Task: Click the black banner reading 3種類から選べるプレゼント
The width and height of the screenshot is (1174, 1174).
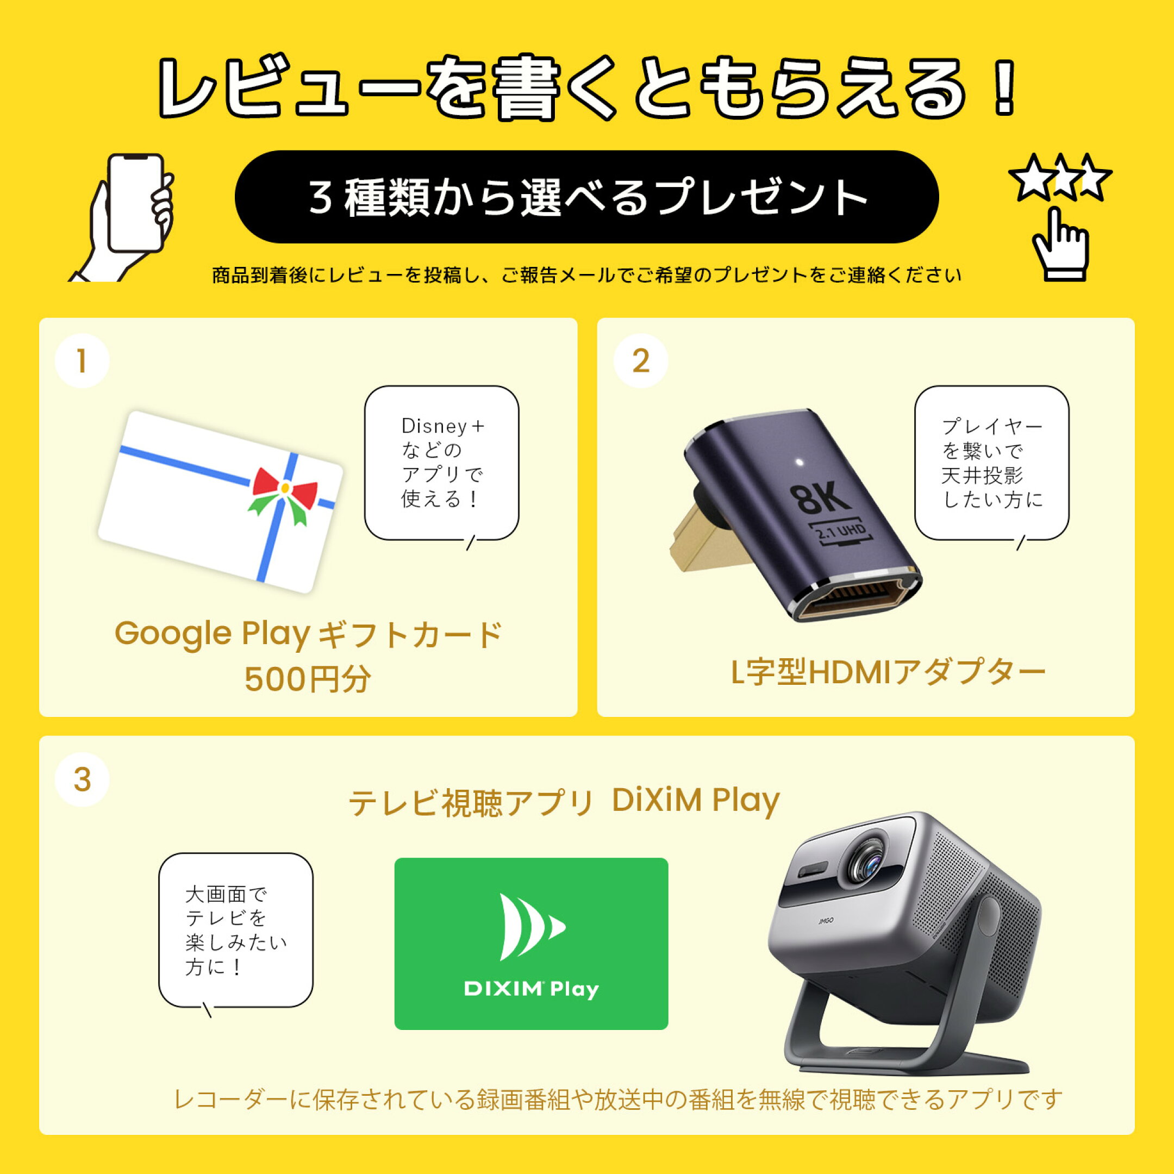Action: (586, 197)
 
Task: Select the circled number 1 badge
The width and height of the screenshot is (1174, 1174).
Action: (82, 361)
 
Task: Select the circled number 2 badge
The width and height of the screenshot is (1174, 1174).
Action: (640, 361)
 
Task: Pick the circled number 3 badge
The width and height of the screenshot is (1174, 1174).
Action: (82, 779)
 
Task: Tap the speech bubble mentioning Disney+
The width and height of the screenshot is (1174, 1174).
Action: (441, 463)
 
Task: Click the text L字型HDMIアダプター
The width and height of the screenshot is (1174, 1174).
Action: (888, 673)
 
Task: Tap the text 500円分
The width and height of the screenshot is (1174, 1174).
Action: (308, 679)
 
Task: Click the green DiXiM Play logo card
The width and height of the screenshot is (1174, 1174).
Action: (531, 944)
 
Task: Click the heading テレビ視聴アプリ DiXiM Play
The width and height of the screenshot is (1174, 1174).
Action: (564, 802)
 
